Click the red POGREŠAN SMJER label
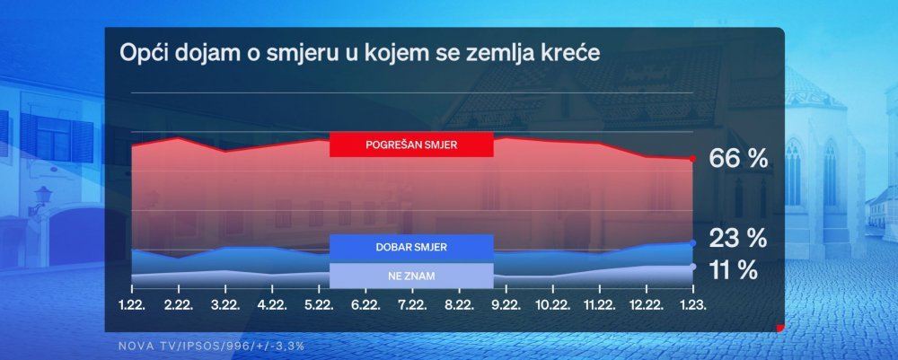(x=411, y=145)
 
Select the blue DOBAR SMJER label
(x=411, y=247)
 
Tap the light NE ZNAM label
(x=411, y=276)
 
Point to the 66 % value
(x=738, y=159)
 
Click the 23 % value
(x=737, y=238)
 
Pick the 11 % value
(x=733, y=270)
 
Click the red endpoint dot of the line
(x=693, y=159)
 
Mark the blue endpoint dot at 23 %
(x=693, y=243)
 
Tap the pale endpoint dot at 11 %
(x=693, y=266)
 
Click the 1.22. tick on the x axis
(x=132, y=306)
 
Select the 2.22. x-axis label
(x=179, y=306)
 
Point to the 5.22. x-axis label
(x=319, y=306)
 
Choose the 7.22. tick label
(x=412, y=306)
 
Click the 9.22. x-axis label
(x=506, y=306)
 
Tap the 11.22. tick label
(x=599, y=306)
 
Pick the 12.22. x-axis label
(x=646, y=306)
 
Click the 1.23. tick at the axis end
(x=693, y=306)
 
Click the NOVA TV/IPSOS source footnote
(x=211, y=347)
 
